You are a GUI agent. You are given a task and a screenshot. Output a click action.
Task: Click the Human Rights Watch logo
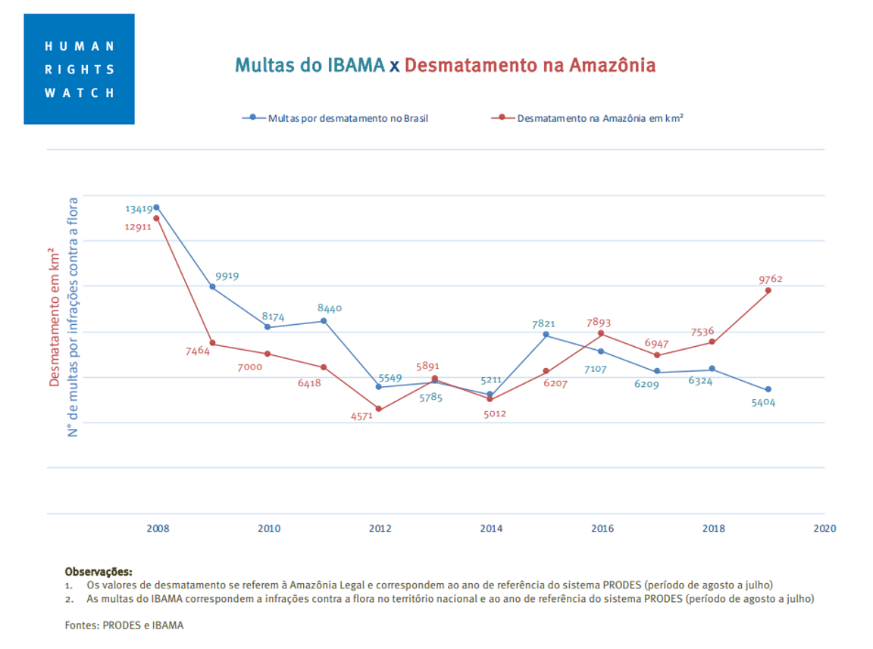tap(79, 69)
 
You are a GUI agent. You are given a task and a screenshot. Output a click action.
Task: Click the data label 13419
tap(139, 208)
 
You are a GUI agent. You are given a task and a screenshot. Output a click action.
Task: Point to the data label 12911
tap(139, 226)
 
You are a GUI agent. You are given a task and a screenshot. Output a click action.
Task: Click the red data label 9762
tap(770, 279)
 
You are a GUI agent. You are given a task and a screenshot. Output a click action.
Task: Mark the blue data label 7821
tap(546, 323)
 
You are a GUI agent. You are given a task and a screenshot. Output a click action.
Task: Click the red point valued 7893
tap(601, 333)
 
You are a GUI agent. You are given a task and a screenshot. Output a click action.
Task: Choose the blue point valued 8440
tap(324, 321)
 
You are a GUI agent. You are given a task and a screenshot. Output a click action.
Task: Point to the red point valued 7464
tap(212, 343)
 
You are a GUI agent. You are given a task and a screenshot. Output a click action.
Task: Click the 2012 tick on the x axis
tap(380, 529)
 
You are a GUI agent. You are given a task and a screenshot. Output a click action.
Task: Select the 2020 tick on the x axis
tap(824, 529)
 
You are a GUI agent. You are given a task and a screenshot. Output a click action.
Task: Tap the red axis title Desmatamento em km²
tap(55, 317)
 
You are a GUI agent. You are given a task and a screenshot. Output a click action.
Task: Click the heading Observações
tap(99, 572)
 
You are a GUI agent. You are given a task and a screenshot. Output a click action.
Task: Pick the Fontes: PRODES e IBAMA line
tap(124, 626)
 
